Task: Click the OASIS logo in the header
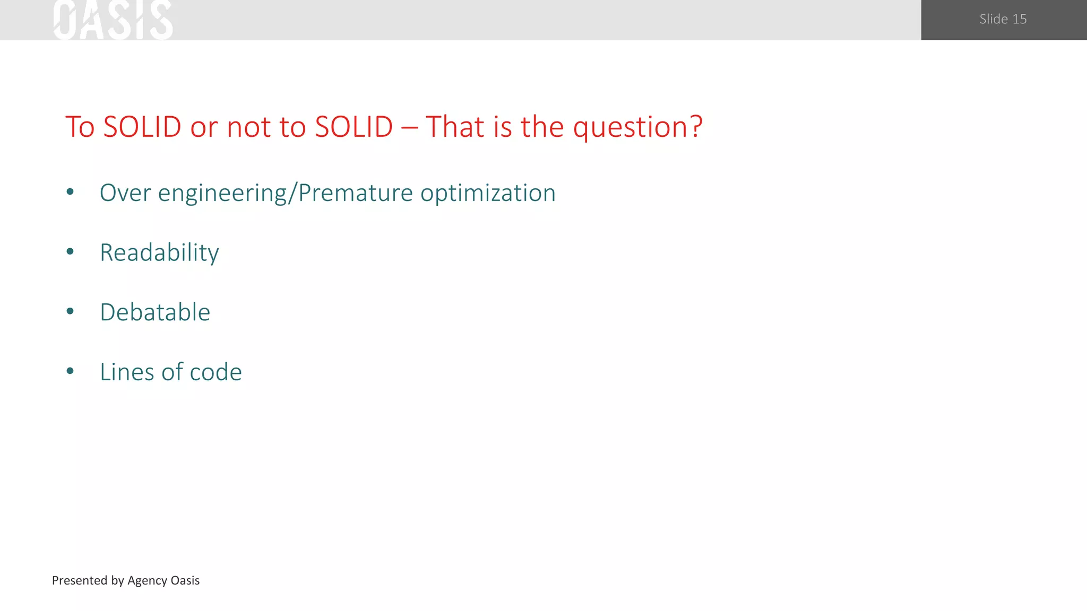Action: coord(113,20)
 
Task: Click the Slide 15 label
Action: coord(1003,19)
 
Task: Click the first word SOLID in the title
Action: coord(142,127)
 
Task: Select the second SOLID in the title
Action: coord(353,127)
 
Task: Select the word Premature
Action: coord(355,193)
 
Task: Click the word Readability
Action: coord(159,253)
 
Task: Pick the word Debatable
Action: coord(155,312)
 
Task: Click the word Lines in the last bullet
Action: coord(127,372)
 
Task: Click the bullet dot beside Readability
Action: coord(70,252)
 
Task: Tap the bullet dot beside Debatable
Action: coord(70,312)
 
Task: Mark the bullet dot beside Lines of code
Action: coord(70,371)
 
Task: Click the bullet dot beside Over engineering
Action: coord(70,193)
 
